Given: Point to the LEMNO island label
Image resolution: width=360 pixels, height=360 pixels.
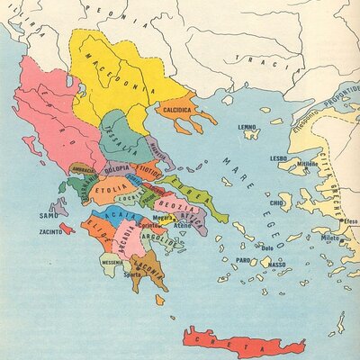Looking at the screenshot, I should (248, 129).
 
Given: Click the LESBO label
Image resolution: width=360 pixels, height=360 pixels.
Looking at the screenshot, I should (278, 157).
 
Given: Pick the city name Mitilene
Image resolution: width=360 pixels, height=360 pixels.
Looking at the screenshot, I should (308, 164).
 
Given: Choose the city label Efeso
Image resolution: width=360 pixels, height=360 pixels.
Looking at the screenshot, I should (350, 220).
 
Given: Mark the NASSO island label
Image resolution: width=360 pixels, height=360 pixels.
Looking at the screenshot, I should (277, 265).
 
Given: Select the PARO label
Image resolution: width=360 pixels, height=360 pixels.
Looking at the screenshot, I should (244, 261).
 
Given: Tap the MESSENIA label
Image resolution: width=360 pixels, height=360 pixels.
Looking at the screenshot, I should (112, 262).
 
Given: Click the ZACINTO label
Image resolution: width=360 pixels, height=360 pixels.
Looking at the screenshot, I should (50, 231).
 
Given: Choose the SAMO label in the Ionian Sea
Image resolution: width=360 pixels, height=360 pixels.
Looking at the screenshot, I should (49, 215).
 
